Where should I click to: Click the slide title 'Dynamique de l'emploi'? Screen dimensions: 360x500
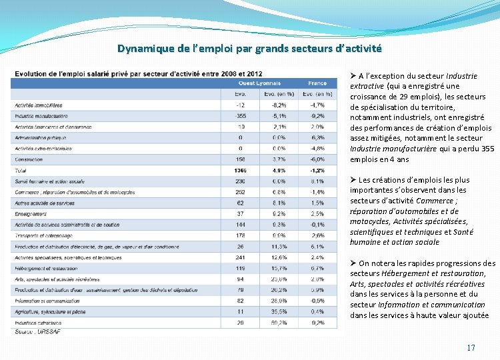[x=249, y=48]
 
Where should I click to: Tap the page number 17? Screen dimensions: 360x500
[x=471, y=347]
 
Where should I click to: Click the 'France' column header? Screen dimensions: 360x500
[x=317, y=83]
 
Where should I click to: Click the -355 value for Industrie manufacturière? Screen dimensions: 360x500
[x=240, y=116]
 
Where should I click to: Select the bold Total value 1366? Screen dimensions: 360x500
[x=240, y=171]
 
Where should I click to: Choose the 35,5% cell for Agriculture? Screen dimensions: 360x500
[x=279, y=311]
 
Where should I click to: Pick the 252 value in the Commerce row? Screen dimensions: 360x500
[x=241, y=192]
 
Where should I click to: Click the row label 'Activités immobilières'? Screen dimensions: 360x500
[x=39, y=105]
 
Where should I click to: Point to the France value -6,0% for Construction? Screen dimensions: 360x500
[x=317, y=159]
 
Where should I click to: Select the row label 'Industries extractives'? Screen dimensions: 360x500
[x=39, y=323]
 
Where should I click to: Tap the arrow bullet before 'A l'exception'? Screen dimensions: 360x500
[x=353, y=76]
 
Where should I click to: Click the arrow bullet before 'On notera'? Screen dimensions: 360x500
[x=353, y=263]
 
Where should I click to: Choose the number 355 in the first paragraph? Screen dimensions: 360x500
[x=487, y=149]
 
